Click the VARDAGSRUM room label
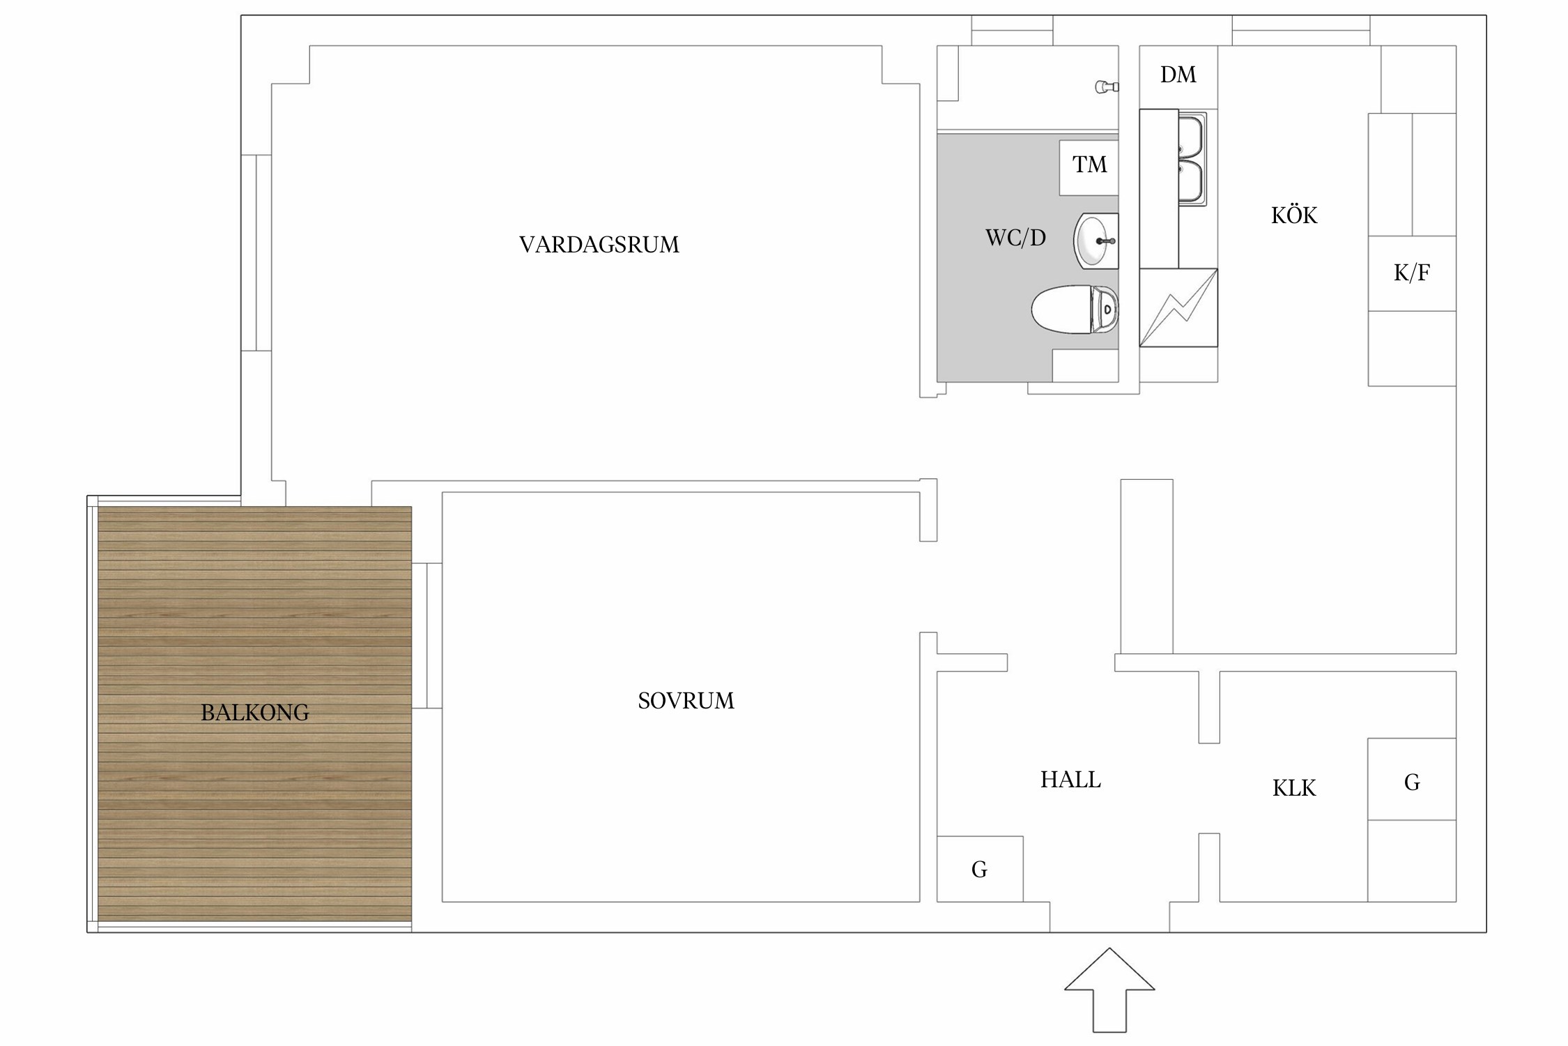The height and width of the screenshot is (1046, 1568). [x=599, y=245]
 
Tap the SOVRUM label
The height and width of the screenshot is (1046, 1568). [x=686, y=701]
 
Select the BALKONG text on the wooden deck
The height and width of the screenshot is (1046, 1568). [x=254, y=713]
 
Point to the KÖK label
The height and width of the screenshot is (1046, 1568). [x=1294, y=215]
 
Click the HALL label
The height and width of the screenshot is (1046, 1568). [x=1070, y=780]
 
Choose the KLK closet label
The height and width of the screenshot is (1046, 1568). [x=1294, y=788]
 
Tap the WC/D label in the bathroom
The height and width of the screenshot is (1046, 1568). [x=1015, y=238]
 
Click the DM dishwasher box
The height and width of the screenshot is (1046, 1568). [x=1178, y=77]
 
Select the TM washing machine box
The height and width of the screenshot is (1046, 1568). [x=1089, y=167]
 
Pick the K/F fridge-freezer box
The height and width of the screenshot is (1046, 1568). [x=1412, y=273]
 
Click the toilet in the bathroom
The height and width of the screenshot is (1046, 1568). [x=1075, y=309]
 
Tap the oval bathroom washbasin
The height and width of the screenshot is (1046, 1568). [x=1096, y=241]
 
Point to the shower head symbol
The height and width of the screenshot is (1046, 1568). [x=1107, y=87]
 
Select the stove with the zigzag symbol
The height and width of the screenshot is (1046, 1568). [x=1178, y=308]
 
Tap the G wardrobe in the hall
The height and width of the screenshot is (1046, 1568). [x=980, y=869]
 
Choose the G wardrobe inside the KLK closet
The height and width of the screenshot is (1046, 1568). [x=1412, y=779]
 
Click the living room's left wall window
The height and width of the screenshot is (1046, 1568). [x=256, y=252]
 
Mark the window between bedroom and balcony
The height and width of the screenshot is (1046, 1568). [x=426, y=635]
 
